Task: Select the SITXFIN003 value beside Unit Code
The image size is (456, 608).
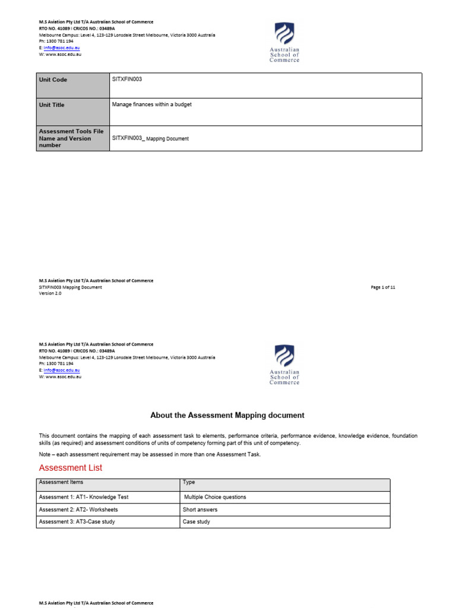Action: pos(127,79)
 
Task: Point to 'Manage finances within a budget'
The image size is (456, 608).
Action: pos(152,104)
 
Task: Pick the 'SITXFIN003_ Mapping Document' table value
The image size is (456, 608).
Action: pos(150,138)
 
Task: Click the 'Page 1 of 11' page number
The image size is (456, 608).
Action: pos(383,287)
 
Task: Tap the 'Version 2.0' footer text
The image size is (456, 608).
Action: pos(50,293)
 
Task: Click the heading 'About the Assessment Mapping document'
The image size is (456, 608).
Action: pos(227,416)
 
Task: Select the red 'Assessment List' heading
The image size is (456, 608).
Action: pos(71,468)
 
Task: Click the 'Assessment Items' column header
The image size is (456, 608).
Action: pos(61,483)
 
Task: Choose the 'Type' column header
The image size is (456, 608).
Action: pos(189,483)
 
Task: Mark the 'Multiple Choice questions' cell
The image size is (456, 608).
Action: pos(215,497)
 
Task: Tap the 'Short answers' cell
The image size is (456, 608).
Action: pos(200,509)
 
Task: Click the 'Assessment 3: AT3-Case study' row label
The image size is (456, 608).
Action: pos(77,522)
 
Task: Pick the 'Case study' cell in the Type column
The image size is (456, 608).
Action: pos(197,522)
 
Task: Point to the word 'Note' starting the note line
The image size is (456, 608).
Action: pos(46,454)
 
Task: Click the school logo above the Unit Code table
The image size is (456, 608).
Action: pos(284,42)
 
